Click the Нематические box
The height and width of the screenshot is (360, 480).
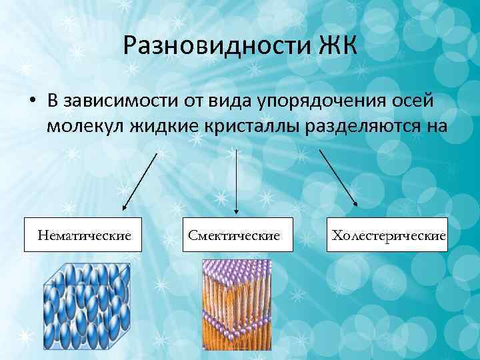[x=83, y=235]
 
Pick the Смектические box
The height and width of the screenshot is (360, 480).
[x=238, y=235]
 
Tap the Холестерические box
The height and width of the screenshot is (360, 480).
[x=387, y=235]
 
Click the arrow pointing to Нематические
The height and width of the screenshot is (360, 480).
[x=140, y=180]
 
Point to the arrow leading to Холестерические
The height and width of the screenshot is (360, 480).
[x=338, y=177]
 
